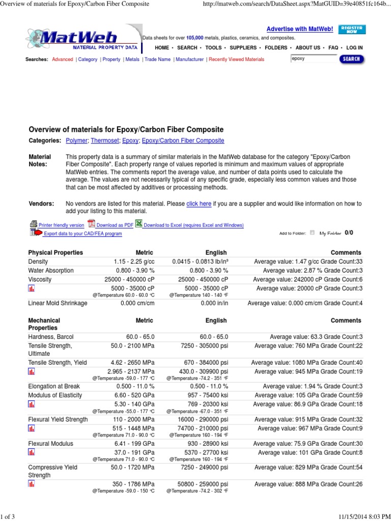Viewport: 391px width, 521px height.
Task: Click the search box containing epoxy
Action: pos(314,59)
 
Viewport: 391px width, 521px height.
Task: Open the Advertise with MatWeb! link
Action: pos(299,29)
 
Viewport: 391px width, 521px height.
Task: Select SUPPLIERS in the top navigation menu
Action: pos(243,48)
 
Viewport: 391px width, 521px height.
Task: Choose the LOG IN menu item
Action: pos(354,48)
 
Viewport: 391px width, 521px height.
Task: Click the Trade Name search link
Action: pos(157,60)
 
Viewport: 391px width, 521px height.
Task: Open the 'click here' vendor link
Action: pos(199,204)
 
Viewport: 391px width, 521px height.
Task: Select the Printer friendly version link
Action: pos(61,225)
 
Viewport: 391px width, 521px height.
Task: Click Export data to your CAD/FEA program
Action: pos(82,234)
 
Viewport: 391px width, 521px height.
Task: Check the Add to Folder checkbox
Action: pos(312,233)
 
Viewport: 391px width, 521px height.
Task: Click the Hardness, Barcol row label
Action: pos(52,337)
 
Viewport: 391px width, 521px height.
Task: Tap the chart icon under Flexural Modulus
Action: pos(32,452)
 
